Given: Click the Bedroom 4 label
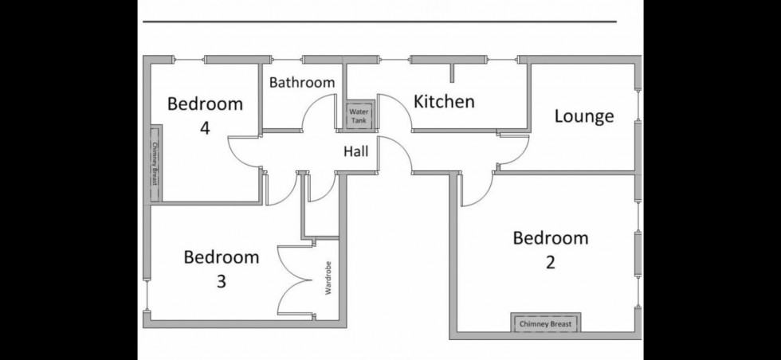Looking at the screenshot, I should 205,115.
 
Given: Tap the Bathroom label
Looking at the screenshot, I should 301,82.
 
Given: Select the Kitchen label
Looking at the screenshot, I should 444,101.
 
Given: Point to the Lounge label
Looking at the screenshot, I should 584,116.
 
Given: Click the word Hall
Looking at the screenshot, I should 355,151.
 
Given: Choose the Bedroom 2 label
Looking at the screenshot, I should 550,249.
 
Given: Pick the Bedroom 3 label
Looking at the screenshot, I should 221,268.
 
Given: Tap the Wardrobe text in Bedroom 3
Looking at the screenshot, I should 328,279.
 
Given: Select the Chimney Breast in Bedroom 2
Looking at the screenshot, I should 546,323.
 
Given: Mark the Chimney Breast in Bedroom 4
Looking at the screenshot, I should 155,162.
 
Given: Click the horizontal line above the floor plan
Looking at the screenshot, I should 379,22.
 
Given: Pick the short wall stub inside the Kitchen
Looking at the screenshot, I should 452,72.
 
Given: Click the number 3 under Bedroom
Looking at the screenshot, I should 221,281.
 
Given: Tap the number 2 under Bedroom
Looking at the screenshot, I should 550,262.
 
